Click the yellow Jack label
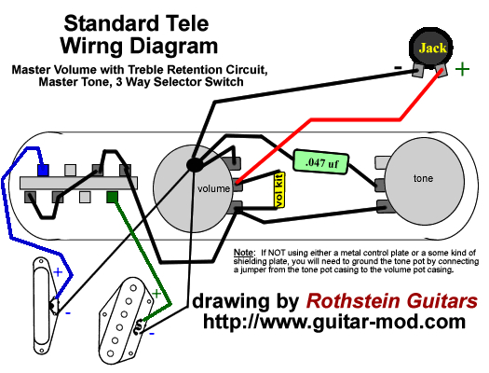click(431, 48)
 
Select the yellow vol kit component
click(278, 189)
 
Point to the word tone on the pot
click(425, 177)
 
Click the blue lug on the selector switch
click(42, 172)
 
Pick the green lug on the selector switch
click(113, 197)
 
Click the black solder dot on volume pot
click(196, 165)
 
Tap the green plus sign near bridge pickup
click(156, 293)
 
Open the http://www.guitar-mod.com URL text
click(334, 322)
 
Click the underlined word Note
click(243, 253)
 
